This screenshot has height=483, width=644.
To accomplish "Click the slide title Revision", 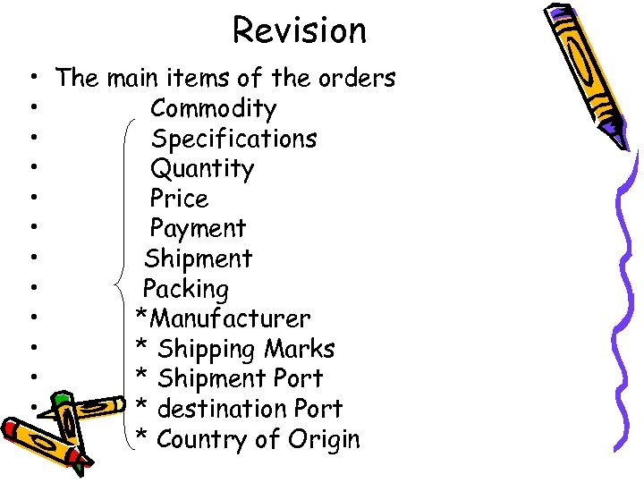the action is [300, 30].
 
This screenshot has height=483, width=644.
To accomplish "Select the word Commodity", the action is [214, 109].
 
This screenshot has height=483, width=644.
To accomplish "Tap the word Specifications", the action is [233, 140].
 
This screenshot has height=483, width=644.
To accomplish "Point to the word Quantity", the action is [202, 169].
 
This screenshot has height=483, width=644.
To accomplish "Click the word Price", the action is [179, 199].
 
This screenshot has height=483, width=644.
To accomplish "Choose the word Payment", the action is [198, 229].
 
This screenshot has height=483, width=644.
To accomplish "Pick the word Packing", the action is [186, 290].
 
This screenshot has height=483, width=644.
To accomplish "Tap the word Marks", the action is [299, 349].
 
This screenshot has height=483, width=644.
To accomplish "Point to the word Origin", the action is [324, 439].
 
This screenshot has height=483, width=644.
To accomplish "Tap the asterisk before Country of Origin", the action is [140, 436].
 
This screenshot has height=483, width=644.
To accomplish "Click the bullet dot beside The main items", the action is [31, 79].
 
